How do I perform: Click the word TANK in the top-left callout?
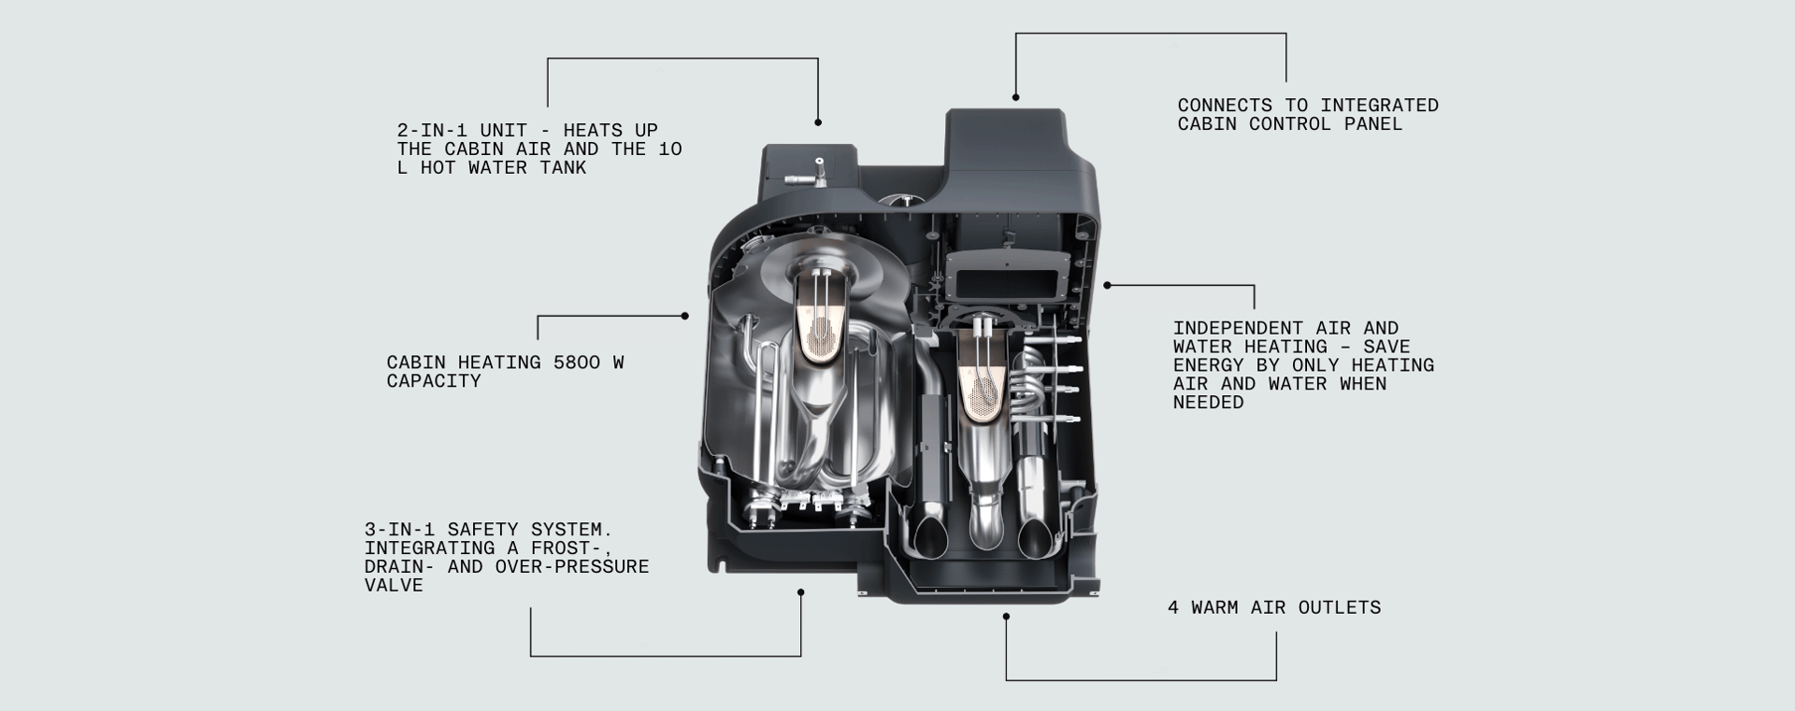pyautogui.click(x=563, y=168)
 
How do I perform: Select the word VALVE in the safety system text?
pyautogui.click(x=394, y=586)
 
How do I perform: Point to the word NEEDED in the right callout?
pyautogui.click(x=1208, y=403)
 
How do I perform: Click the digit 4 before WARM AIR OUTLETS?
pyautogui.click(x=1173, y=608)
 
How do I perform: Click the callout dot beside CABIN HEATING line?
pyautogui.click(x=685, y=316)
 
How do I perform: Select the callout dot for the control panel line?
pyautogui.click(x=1015, y=97)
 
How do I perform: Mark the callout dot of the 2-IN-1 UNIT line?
pyautogui.click(x=818, y=122)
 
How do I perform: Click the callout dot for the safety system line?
pyautogui.click(x=801, y=591)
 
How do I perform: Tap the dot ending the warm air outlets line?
pyautogui.click(x=1006, y=617)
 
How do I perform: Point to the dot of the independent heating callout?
pyautogui.click(x=1107, y=285)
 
